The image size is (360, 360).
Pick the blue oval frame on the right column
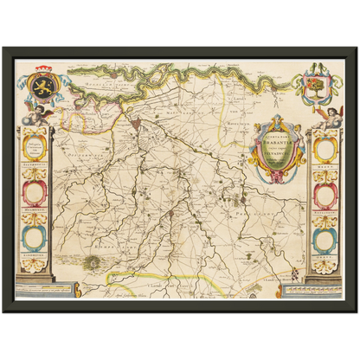[325, 239]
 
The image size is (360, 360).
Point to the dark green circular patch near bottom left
[93, 260]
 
